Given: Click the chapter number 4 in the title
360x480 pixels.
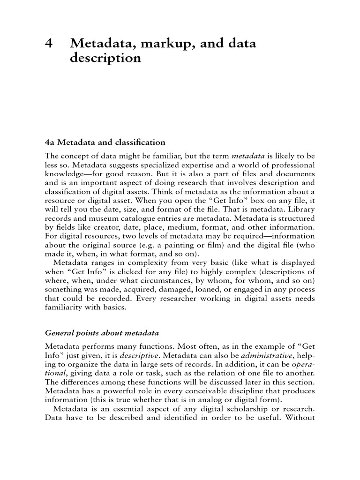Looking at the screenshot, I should [48, 44].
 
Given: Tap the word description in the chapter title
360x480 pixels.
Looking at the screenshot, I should [105, 59].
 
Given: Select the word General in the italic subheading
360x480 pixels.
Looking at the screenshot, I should [60, 333].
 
